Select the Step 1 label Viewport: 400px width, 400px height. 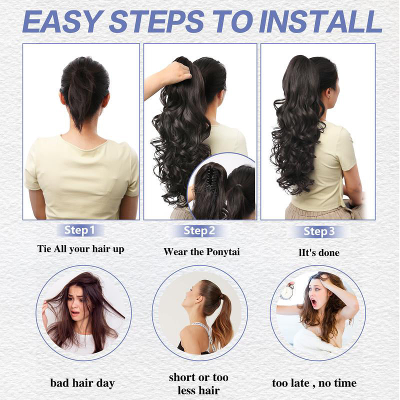coord(79,230)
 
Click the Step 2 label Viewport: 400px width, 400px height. coord(199,231)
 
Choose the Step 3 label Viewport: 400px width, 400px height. coord(319,231)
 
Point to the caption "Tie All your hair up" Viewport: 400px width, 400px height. coord(80,249)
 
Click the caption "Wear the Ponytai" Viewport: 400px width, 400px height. coord(201,251)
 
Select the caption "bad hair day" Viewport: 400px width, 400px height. coord(82,383)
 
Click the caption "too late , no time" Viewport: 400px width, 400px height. coord(314,383)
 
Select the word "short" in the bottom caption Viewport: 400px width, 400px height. coord(183,377)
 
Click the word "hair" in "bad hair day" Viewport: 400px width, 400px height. coord(83,383)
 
